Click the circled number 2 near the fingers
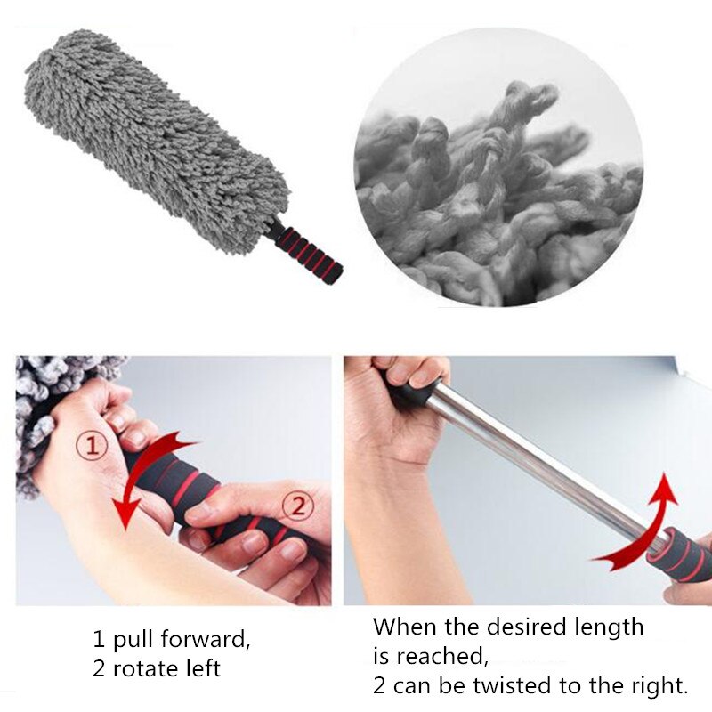click(x=297, y=507)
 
